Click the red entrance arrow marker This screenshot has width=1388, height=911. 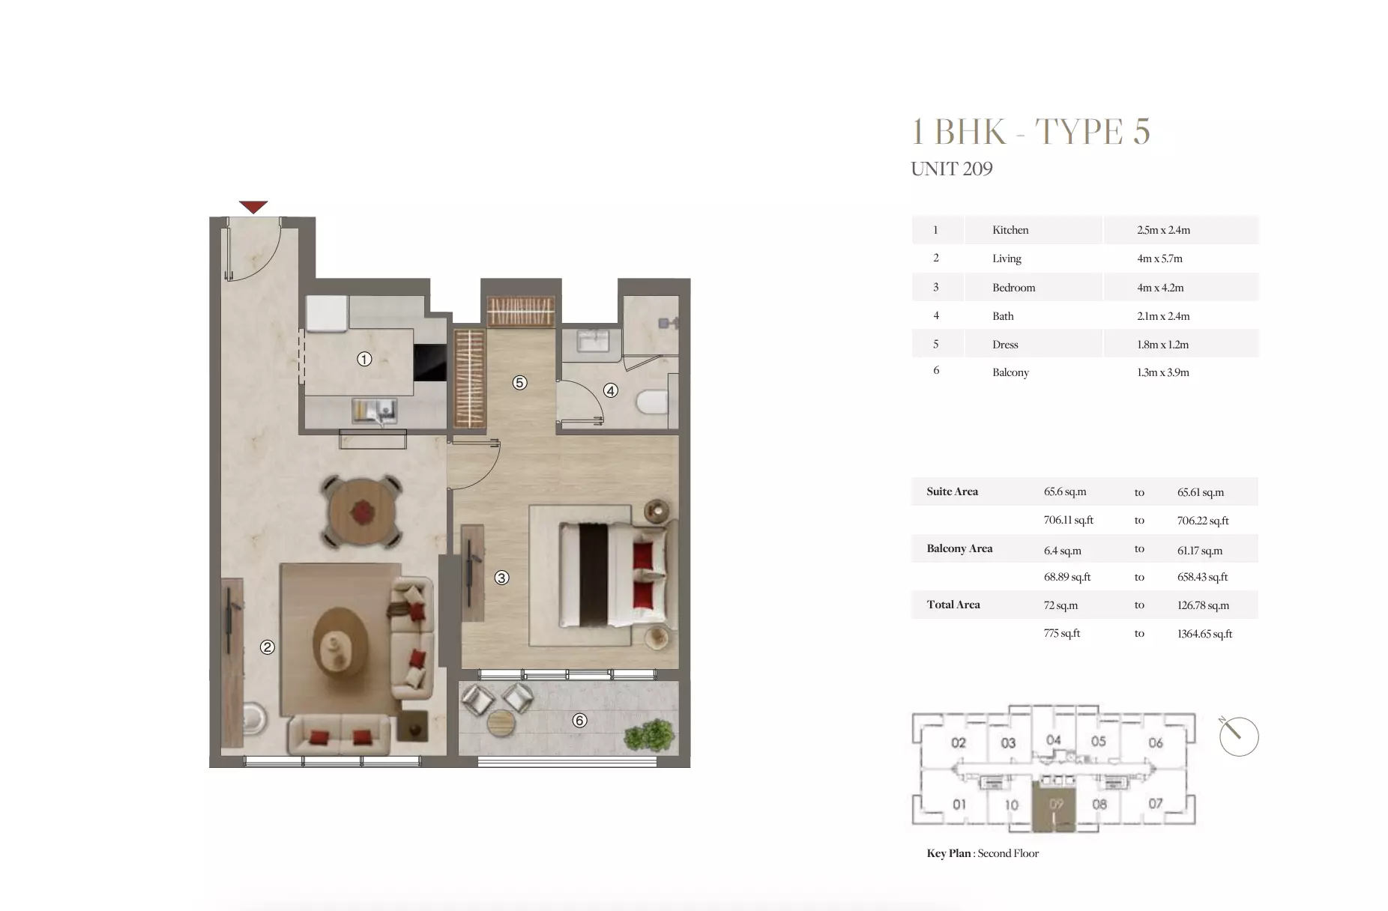253,206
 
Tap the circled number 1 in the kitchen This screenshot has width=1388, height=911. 364,359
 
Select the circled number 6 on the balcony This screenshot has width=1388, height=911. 579,720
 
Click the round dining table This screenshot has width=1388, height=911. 362,512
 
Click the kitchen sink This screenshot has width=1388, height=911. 375,411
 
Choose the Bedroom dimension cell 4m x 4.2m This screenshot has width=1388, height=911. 1160,288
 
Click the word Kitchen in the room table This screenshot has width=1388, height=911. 1010,230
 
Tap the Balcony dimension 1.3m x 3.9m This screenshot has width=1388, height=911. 1162,372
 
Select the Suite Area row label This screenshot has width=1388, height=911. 952,491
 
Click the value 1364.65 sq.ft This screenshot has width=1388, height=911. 1204,634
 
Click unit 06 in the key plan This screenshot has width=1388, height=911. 1155,742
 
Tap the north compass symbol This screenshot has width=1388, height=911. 1238,736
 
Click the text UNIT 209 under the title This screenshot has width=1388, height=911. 951,169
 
